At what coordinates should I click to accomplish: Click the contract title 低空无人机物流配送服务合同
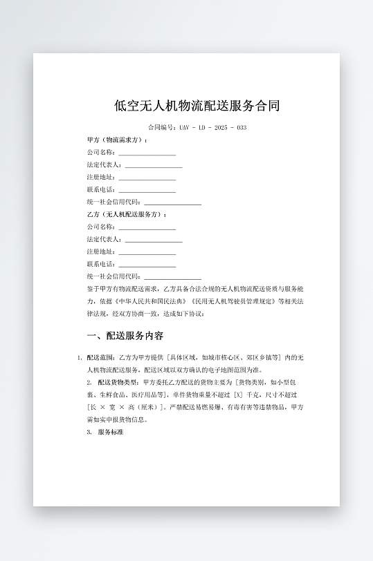point(197,106)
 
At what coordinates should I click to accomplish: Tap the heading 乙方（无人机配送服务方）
point(127,214)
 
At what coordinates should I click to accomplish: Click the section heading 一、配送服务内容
point(125,336)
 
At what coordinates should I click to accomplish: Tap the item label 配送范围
point(101,358)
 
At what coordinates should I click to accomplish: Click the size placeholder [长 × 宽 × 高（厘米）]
point(125,407)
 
